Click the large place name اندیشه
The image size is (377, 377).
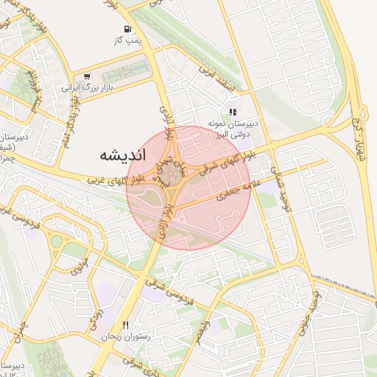122,156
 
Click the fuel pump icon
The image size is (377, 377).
129,29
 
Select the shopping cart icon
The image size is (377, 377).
88,76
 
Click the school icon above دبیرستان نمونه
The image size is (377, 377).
233,113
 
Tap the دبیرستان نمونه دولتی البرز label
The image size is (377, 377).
233,130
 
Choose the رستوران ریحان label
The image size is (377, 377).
126,335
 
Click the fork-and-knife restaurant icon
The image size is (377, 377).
126,325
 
